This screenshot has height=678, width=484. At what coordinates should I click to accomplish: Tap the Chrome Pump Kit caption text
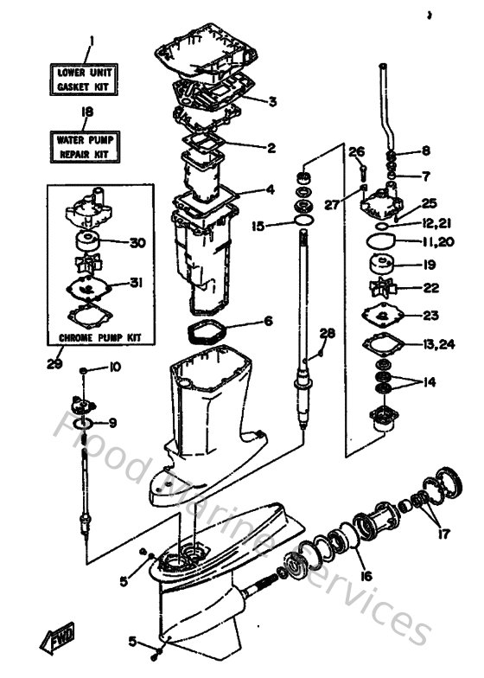(x=99, y=336)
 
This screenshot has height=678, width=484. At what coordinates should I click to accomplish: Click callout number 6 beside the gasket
(x=268, y=321)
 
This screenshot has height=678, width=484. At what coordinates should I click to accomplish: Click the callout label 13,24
(x=437, y=344)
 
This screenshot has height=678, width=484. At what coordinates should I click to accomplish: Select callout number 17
(x=443, y=534)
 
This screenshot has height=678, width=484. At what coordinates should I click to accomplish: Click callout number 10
(x=114, y=368)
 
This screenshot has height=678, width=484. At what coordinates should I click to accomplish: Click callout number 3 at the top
(x=271, y=101)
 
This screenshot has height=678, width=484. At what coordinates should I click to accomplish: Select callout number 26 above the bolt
(x=357, y=152)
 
